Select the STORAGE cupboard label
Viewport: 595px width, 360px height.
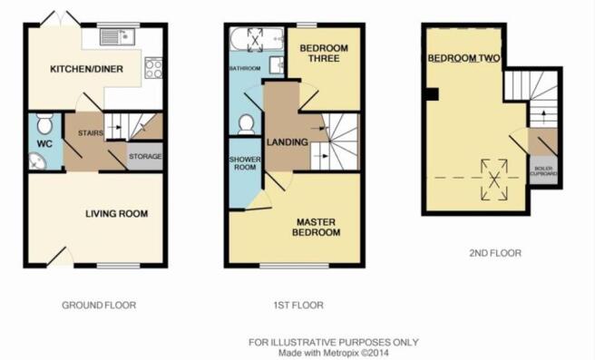146,156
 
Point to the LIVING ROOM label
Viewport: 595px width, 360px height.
117,214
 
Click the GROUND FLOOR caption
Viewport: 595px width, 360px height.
99,306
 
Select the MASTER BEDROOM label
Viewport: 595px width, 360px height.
315,226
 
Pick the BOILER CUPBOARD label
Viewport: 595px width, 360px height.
545,171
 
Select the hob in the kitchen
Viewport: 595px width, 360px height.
153,67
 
